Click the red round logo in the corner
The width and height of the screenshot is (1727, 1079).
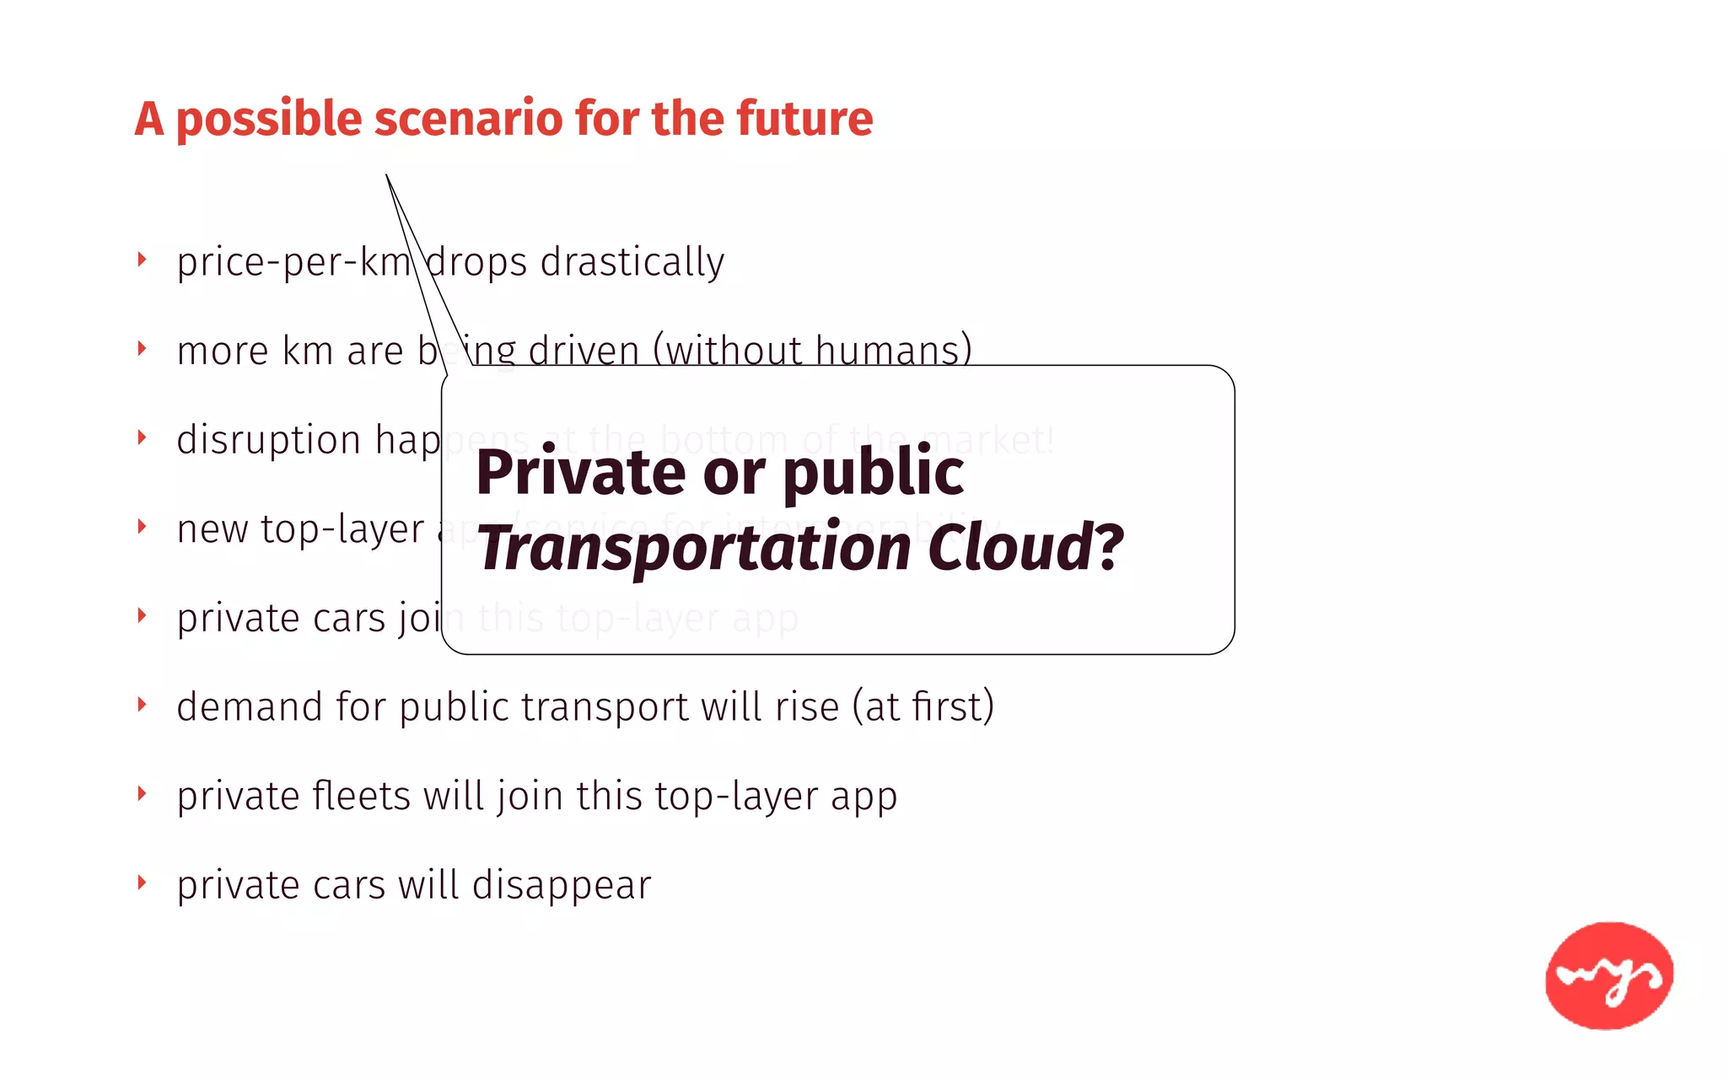(x=1609, y=975)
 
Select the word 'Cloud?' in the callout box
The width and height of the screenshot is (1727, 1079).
(x=1025, y=548)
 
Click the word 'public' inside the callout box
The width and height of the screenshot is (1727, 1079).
(x=873, y=474)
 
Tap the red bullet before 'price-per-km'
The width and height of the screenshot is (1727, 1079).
(x=142, y=260)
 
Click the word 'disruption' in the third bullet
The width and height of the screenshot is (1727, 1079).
(x=269, y=441)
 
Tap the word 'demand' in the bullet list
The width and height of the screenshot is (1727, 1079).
(x=250, y=707)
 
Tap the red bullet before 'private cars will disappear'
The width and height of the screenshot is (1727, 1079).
(x=142, y=883)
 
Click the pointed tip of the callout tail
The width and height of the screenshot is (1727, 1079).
(x=386, y=175)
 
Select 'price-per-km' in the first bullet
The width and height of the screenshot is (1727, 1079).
(x=293, y=262)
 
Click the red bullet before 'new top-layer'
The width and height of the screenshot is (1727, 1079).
(x=142, y=527)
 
